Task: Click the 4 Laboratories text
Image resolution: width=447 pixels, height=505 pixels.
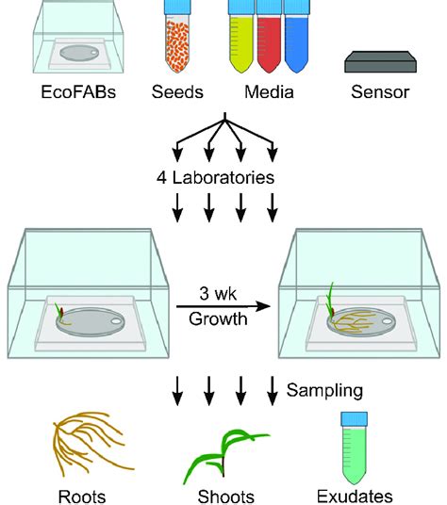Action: click(224, 176)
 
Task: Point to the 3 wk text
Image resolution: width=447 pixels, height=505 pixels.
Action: click(224, 295)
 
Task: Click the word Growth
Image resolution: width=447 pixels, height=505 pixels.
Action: click(224, 318)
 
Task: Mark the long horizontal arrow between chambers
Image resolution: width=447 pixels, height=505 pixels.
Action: click(223, 306)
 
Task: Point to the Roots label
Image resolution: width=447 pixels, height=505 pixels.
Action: click(80, 495)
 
